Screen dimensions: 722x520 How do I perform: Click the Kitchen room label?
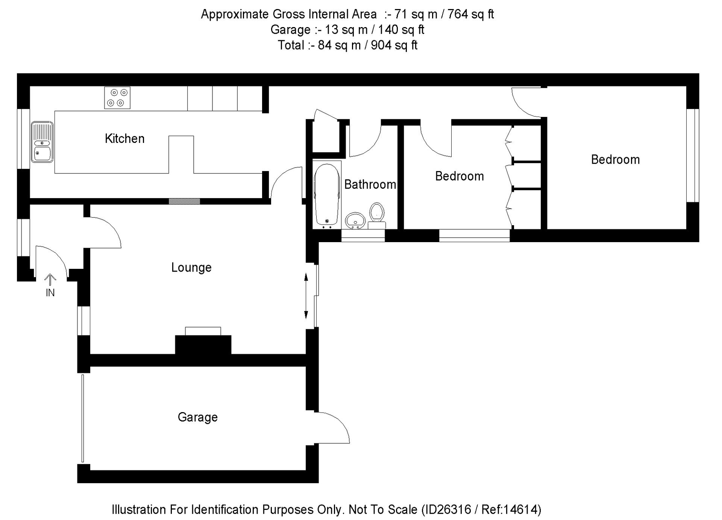click(x=124, y=139)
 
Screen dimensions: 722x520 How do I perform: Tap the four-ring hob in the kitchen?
click(x=117, y=98)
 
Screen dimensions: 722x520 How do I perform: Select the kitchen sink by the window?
click(x=42, y=142)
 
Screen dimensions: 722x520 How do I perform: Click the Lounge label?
click(x=191, y=268)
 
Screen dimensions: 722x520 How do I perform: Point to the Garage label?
click(x=197, y=417)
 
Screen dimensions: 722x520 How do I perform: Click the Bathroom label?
click(x=370, y=184)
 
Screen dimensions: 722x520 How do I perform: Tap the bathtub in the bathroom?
click(x=326, y=195)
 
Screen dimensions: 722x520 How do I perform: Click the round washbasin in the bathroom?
click(x=355, y=220)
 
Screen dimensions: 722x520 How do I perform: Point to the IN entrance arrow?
click(x=50, y=280)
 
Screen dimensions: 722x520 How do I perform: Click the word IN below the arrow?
click(x=50, y=293)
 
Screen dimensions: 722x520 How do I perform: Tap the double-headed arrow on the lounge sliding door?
click(x=306, y=296)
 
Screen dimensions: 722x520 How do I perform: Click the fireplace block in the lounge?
click(x=203, y=344)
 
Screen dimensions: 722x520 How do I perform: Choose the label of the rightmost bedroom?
click(x=615, y=159)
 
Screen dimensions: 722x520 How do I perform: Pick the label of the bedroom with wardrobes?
click(x=459, y=176)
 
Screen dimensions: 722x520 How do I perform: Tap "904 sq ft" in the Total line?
click(x=394, y=45)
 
